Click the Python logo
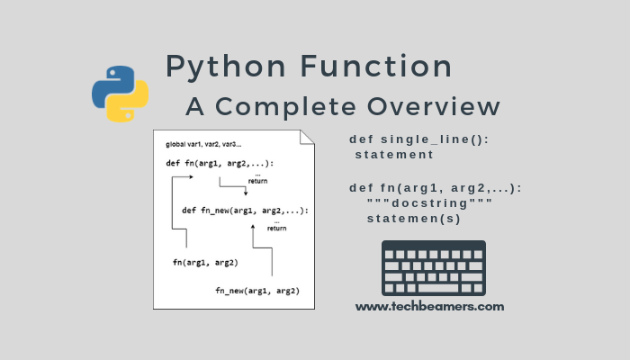click(120, 93)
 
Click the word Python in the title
click(225, 67)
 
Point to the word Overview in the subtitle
click(433, 106)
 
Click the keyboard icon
click(433, 268)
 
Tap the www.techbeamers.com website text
click(429, 306)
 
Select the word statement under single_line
click(394, 155)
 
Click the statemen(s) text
click(414, 219)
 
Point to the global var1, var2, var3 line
click(203, 145)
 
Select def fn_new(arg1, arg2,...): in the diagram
click(245, 210)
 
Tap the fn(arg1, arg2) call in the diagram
click(205, 262)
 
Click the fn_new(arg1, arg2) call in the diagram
click(257, 290)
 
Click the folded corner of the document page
click(308, 137)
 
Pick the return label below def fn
click(257, 181)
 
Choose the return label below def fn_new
click(276, 228)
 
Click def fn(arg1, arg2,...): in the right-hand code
click(435, 188)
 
